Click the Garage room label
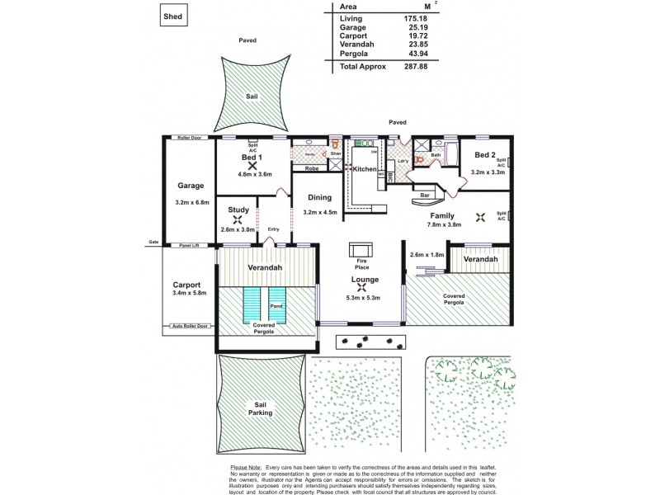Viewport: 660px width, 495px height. pyautogui.click(x=190, y=186)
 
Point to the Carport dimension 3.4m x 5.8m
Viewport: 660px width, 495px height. pyautogui.click(x=191, y=292)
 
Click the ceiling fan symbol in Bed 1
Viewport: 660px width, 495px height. pyautogui.click(x=252, y=165)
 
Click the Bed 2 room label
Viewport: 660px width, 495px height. pyautogui.click(x=484, y=155)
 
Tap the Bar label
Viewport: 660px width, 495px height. pyautogui.click(x=427, y=196)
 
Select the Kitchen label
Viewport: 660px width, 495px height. pyautogui.click(x=365, y=169)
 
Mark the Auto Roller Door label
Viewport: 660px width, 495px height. pyautogui.click(x=189, y=327)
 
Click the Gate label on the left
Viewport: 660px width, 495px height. pyautogui.click(x=153, y=242)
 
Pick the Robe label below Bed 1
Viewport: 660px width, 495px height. pyautogui.click(x=313, y=168)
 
